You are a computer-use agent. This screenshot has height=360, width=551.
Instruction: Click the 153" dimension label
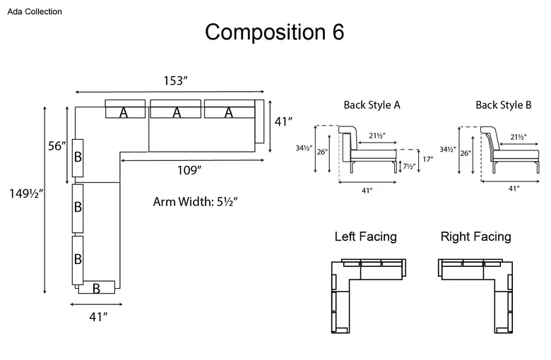[176, 80]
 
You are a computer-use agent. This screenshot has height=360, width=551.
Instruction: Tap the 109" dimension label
[189, 170]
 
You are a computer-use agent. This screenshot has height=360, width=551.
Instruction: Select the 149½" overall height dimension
[26, 193]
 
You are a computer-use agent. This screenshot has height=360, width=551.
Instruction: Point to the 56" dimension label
[57, 145]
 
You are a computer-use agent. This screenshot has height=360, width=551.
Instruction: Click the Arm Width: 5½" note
[196, 202]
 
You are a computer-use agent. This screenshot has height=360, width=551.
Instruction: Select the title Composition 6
[275, 32]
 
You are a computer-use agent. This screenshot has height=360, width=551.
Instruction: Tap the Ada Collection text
[35, 11]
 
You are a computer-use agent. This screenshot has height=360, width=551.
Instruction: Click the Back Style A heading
[372, 105]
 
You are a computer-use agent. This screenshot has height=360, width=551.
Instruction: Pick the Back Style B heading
[504, 105]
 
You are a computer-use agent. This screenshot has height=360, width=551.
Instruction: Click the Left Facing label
[366, 236]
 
